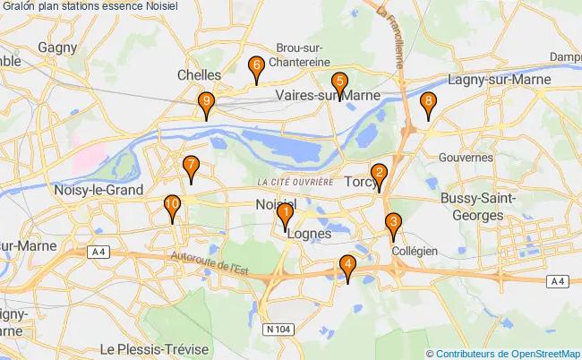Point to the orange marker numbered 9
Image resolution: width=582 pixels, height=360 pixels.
tap(207, 105)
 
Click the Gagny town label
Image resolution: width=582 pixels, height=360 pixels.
tap(57, 47)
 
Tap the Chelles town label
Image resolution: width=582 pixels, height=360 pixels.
tap(199, 75)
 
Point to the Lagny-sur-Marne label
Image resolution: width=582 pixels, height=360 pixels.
tap(499, 80)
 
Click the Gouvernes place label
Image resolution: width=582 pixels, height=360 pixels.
tap(466, 157)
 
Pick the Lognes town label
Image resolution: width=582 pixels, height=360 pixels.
tap(311, 233)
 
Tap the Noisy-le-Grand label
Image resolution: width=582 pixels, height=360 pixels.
tap(99, 190)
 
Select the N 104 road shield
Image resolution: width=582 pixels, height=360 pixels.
tap(278, 330)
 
